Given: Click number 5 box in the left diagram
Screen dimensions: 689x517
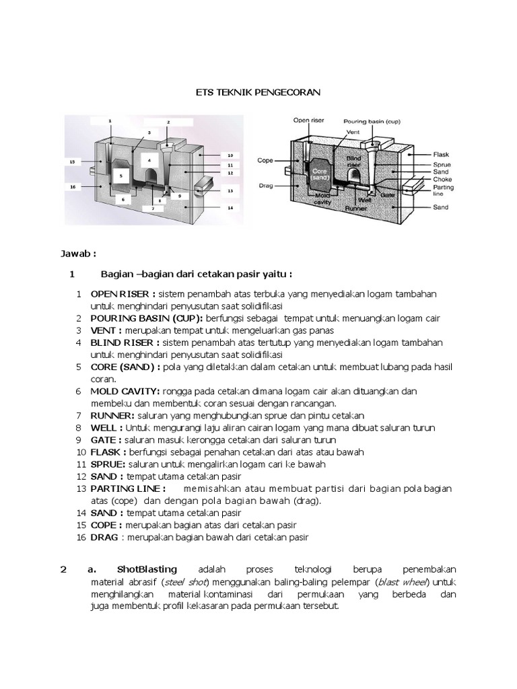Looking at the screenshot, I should [120, 176].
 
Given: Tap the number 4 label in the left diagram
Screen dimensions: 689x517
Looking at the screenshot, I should [149, 159].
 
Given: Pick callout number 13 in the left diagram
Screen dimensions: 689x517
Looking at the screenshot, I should [230, 190].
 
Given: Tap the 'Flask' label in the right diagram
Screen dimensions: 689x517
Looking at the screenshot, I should [441, 153].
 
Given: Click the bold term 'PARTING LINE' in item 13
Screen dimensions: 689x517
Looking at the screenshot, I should [126, 488].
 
